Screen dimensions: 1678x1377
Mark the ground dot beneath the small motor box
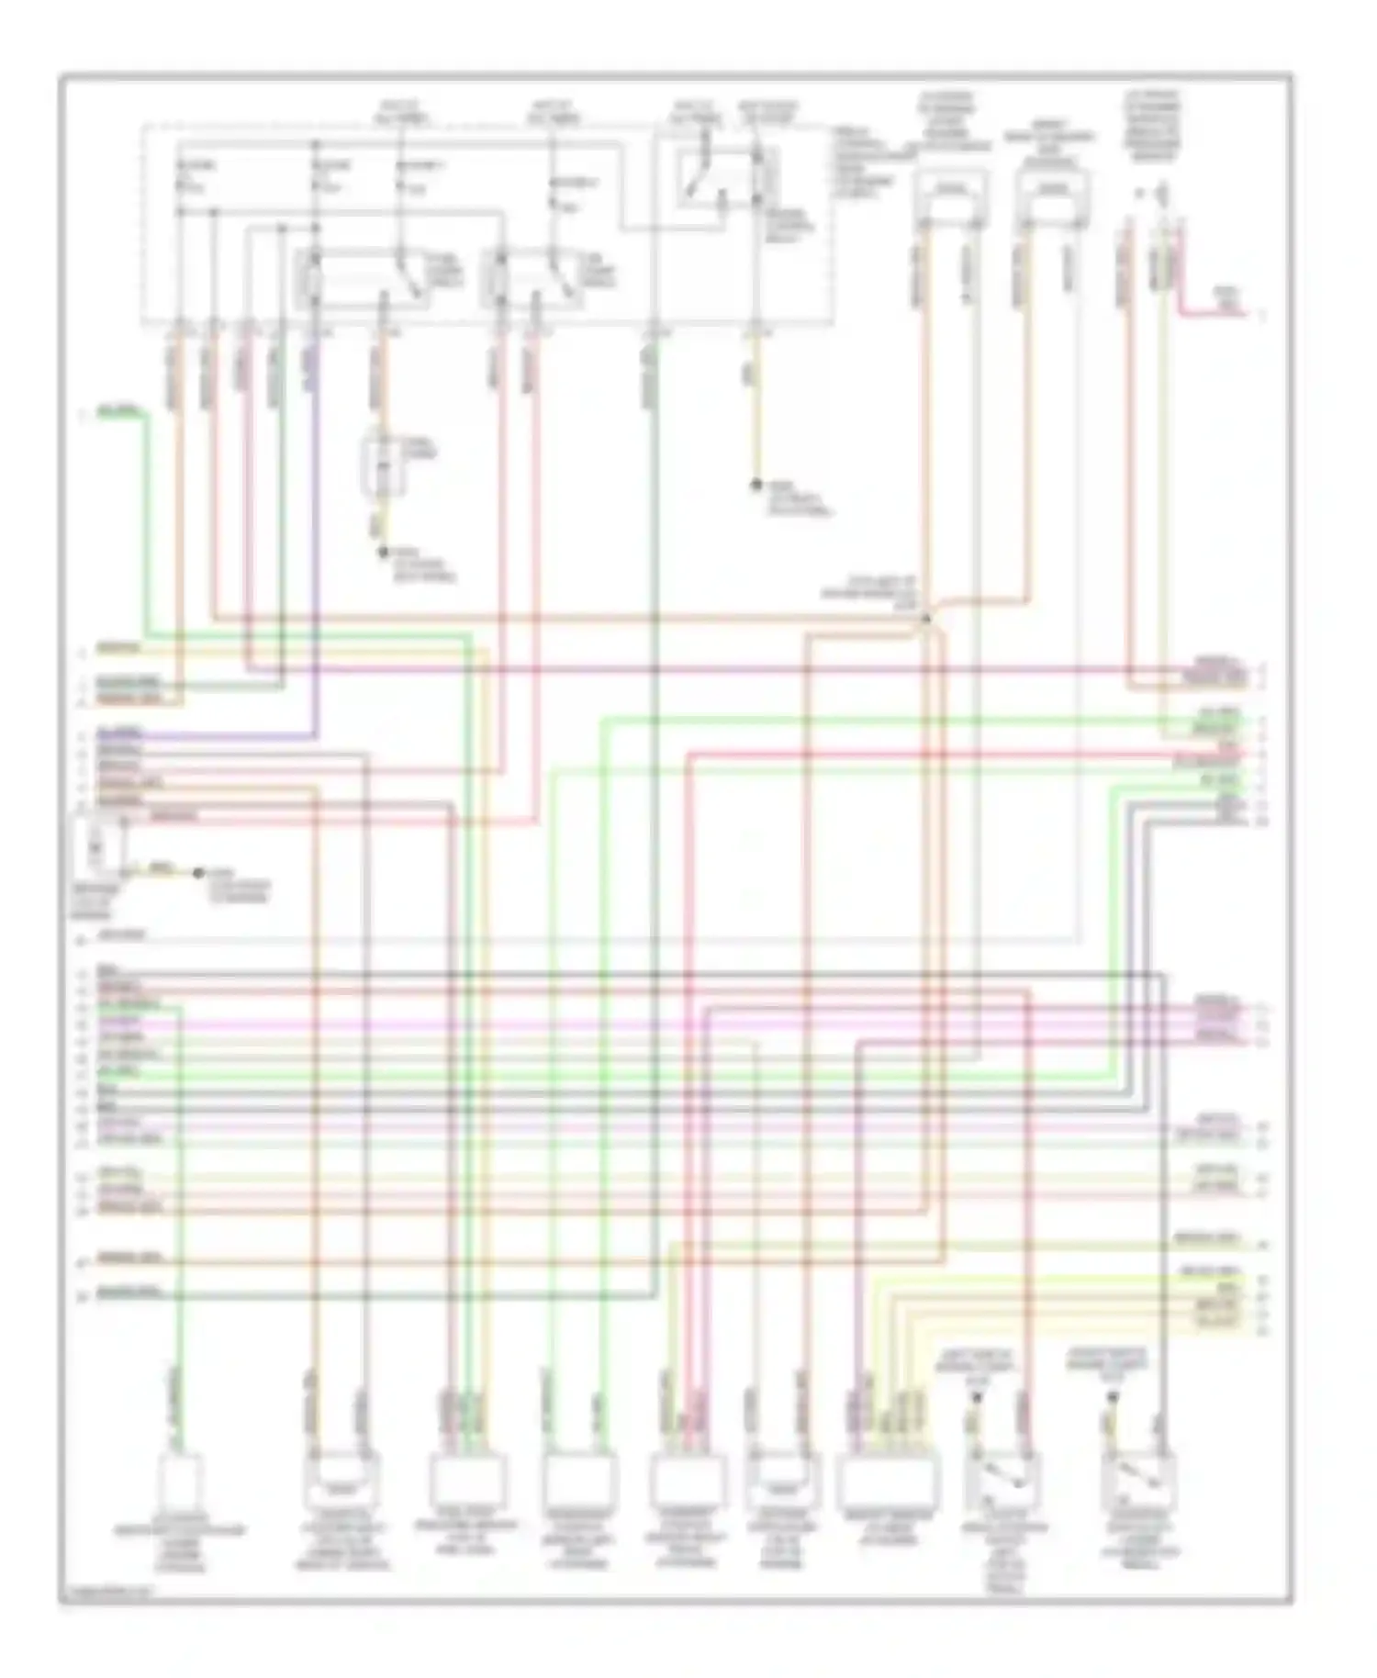coord(384,552)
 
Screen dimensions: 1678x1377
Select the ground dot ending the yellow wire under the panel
coord(756,484)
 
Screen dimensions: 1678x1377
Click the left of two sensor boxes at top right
coord(950,196)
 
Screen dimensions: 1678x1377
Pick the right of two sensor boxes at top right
coord(1053,196)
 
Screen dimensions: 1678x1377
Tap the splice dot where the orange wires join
coord(925,620)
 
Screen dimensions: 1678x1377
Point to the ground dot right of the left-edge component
coord(197,872)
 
